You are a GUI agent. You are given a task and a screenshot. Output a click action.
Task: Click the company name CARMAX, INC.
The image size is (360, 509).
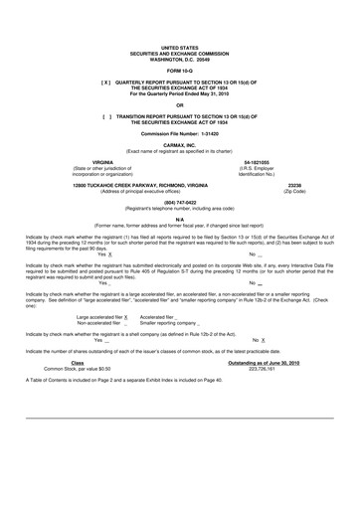click(179, 143)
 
